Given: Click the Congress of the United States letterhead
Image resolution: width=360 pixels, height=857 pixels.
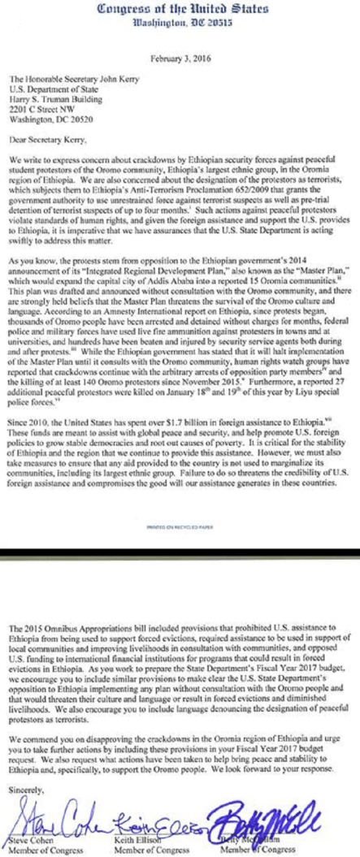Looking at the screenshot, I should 180,10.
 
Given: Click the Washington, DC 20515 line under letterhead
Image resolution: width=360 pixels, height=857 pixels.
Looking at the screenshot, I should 180,24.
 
